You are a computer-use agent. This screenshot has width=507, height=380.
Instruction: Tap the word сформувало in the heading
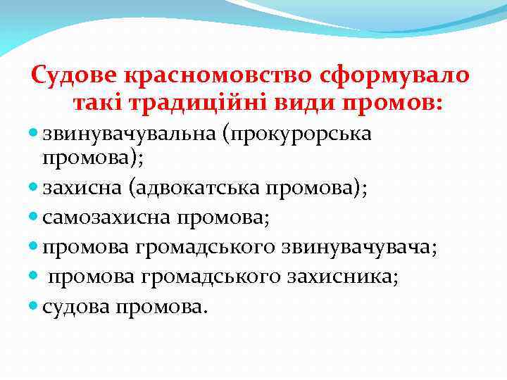[399, 76]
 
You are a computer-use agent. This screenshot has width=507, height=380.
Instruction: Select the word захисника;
[341, 277]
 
